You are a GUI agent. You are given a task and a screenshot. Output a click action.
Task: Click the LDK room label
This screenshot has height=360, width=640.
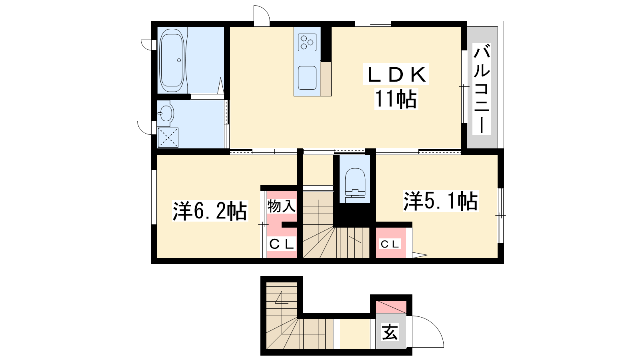pos(396,74)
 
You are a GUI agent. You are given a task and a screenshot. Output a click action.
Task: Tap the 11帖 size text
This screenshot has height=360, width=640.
pos(396,99)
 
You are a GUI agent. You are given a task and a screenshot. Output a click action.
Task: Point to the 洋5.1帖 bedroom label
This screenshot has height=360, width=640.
pos(441,201)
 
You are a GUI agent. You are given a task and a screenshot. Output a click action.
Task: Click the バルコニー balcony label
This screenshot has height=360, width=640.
pos(482,89)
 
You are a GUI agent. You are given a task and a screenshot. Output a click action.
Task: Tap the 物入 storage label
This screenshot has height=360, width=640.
pos(281,206)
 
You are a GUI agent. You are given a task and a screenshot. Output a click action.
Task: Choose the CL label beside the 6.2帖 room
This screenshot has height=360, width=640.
pos(282,244)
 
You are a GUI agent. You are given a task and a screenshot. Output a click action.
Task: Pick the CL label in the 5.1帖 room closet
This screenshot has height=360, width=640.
pos(390,244)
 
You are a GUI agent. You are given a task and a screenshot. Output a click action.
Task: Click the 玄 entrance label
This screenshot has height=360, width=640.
pos(390,332)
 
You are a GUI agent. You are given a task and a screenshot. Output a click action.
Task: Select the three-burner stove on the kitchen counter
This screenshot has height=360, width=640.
pos(307,42)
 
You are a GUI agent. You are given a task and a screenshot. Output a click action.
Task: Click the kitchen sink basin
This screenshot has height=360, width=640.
pos(307,78)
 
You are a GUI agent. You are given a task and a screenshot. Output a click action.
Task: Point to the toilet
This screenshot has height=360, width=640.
pos(355,185)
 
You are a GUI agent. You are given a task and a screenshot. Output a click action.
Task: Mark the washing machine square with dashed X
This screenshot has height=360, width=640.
pos(168,138)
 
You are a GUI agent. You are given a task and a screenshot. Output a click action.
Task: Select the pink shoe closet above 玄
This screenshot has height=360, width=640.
pos(391,307)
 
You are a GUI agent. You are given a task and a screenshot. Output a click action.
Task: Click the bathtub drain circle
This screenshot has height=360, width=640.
pos(179,60)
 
